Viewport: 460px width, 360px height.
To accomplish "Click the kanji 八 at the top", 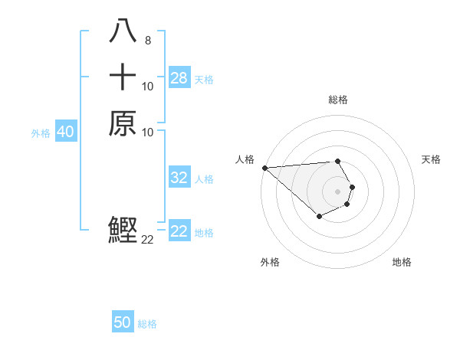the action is pyautogui.click(x=123, y=31).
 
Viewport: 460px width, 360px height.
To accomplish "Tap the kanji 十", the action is pyautogui.click(x=123, y=77).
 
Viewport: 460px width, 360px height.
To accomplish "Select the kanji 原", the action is pyautogui.click(x=123, y=124).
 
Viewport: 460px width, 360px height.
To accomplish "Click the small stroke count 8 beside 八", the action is pyautogui.click(x=147, y=40).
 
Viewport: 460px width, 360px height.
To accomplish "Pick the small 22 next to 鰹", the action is pyautogui.click(x=148, y=240).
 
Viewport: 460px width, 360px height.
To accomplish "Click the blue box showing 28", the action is pyautogui.click(x=179, y=78).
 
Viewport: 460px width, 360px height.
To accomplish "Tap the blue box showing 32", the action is pyautogui.click(x=179, y=178).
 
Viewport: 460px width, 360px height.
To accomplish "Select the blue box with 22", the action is pyautogui.click(x=179, y=231).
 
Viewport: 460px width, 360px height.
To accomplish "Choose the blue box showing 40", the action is pyautogui.click(x=66, y=132).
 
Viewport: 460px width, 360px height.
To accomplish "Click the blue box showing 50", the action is pyautogui.click(x=123, y=322).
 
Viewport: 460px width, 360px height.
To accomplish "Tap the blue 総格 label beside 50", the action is pyautogui.click(x=147, y=324).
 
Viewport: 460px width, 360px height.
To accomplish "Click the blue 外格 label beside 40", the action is pyautogui.click(x=41, y=133).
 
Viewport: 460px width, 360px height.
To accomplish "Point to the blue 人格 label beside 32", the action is pyautogui.click(x=204, y=179).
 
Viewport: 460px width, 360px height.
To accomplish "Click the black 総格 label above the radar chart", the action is pyautogui.click(x=338, y=100).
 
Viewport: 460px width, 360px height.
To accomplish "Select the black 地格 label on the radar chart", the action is pyautogui.click(x=402, y=262).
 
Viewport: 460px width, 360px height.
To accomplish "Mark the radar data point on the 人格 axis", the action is pyautogui.click(x=264, y=168).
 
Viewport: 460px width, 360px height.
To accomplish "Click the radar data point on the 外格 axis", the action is pyautogui.click(x=319, y=218).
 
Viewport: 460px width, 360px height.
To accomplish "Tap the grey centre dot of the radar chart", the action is pyautogui.click(x=338, y=191).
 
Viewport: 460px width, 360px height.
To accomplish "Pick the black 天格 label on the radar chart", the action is pyautogui.click(x=431, y=159).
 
